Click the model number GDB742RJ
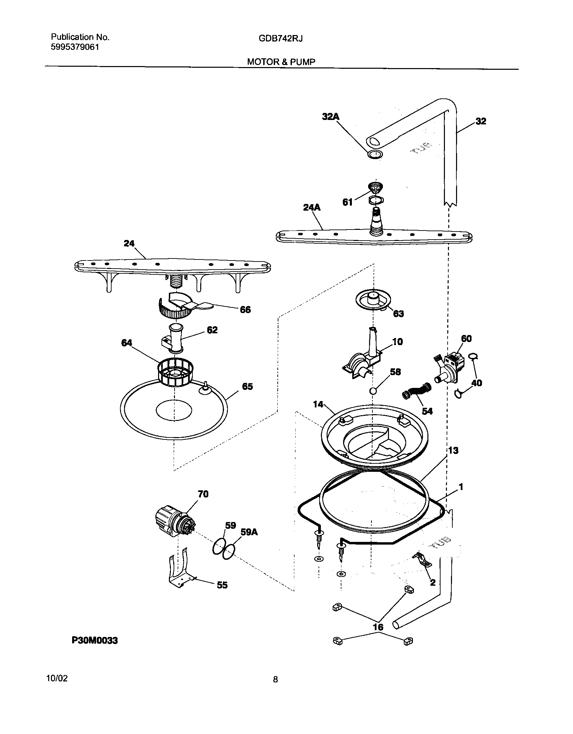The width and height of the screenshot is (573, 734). [280, 39]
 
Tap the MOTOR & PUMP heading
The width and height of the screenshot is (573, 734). [281, 62]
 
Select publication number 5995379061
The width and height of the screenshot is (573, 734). [75, 47]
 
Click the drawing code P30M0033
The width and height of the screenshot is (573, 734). [95, 641]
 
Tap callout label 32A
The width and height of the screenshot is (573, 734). [330, 117]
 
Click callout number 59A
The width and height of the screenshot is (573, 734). [249, 532]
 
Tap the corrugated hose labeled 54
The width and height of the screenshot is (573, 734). [417, 391]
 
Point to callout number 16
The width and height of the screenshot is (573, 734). [378, 627]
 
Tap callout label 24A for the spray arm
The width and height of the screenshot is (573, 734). [311, 208]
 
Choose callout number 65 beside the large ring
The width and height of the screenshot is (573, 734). [247, 387]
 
